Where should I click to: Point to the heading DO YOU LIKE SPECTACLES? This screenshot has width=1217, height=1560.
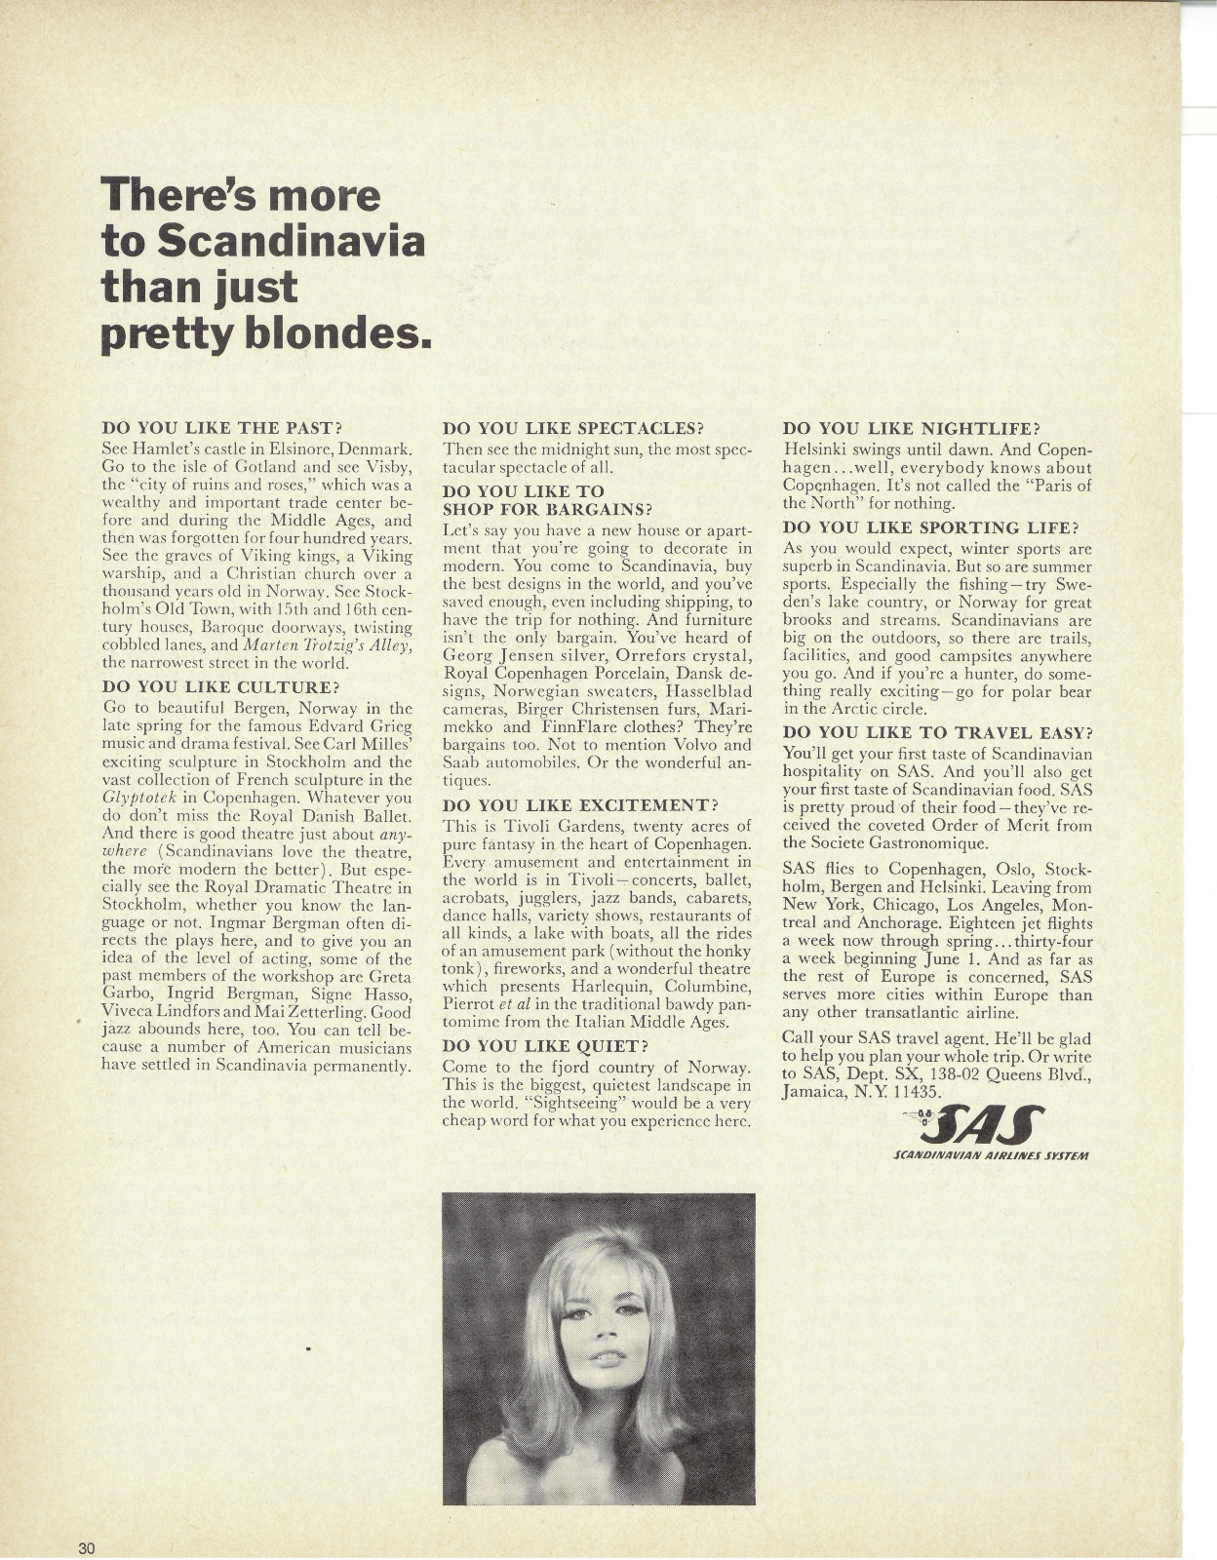573,427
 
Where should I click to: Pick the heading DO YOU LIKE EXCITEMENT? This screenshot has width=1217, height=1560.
580,805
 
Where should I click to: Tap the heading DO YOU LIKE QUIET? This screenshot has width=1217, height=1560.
546,1046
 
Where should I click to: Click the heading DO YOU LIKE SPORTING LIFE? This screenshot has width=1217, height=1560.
931,528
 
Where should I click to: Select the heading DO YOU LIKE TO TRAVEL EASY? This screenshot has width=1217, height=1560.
938,731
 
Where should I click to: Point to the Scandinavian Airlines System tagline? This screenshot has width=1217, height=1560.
990,1156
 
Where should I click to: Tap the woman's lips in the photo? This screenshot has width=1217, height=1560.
608,1356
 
